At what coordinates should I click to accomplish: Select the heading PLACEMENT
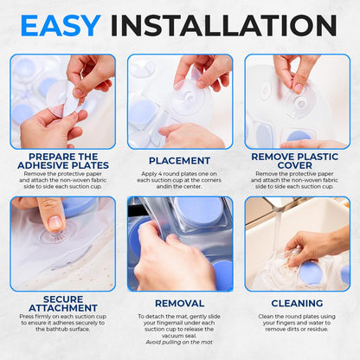[x=179, y=160]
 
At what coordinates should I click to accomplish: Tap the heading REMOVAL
[x=179, y=304]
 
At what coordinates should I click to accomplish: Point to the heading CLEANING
[x=296, y=304]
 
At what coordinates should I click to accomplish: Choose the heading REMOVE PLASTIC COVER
[x=296, y=160]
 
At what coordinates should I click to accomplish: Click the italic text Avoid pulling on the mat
[x=179, y=341]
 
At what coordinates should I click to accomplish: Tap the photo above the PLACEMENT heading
[x=179, y=101]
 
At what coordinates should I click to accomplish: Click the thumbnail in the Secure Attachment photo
[x=51, y=220]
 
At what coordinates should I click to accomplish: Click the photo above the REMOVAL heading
[x=179, y=244]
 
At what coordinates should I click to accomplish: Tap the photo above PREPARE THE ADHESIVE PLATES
[x=62, y=101]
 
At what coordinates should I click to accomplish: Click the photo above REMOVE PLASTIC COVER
[x=296, y=101]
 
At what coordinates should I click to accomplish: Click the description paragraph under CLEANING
[x=296, y=324]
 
